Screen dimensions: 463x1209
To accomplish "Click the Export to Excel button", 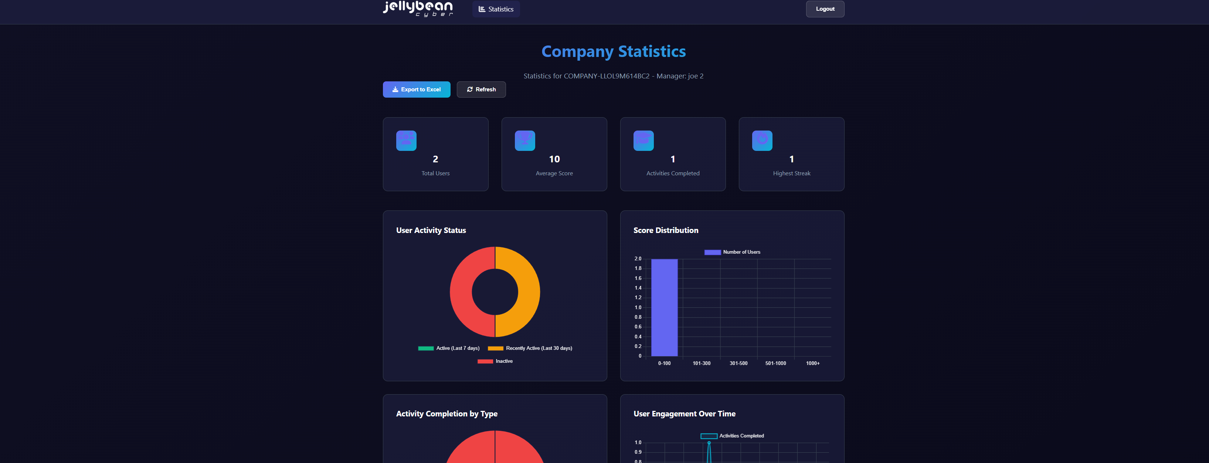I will [x=416, y=89].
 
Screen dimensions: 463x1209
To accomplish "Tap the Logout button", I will [x=825, y=9].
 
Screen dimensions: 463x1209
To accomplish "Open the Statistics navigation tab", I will [x=496, y=9].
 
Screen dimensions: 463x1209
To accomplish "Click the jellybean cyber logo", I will [x=418, y=9].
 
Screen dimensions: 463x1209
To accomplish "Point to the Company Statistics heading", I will [x=614, y=51].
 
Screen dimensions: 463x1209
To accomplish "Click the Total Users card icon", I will [x=406, y=141].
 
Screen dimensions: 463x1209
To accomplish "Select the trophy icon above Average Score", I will [x=525, y=141].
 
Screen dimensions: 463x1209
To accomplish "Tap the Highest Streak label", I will [x=791, y=173].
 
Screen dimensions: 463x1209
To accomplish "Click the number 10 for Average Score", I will [x=554, y=159].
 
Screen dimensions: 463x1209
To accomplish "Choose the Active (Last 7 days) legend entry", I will [x=449, y=348].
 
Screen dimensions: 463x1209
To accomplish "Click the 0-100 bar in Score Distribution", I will [x=664, y=308].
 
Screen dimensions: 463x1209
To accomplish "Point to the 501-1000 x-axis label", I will [x=775, y=363].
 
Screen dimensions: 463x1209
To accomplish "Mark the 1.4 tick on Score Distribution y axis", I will [x=638, y=288].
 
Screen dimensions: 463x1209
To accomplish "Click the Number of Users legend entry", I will [x=732, y=252].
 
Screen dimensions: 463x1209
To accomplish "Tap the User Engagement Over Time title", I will [x=684, y=414].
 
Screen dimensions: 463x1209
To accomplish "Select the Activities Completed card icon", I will [x=643, y=141].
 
